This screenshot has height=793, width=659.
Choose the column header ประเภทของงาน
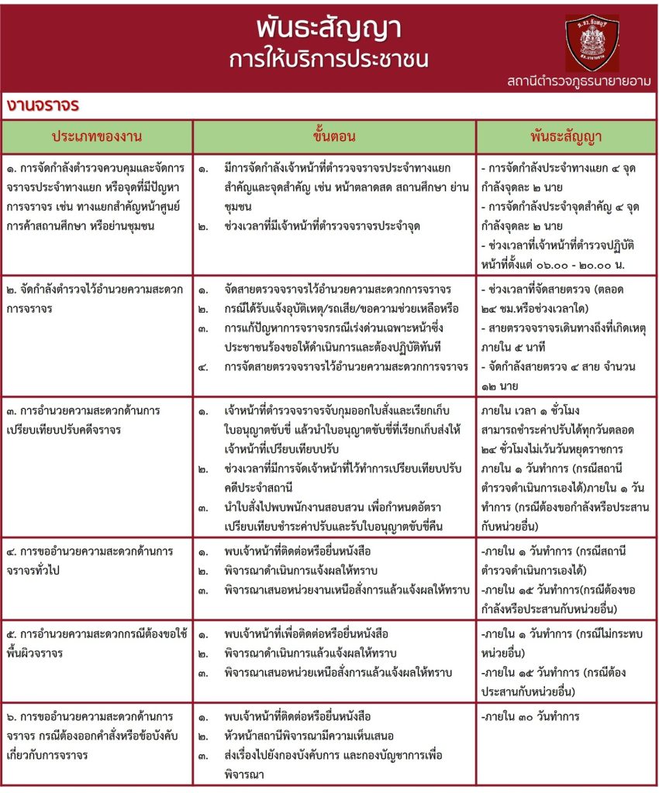click(97, 136)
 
